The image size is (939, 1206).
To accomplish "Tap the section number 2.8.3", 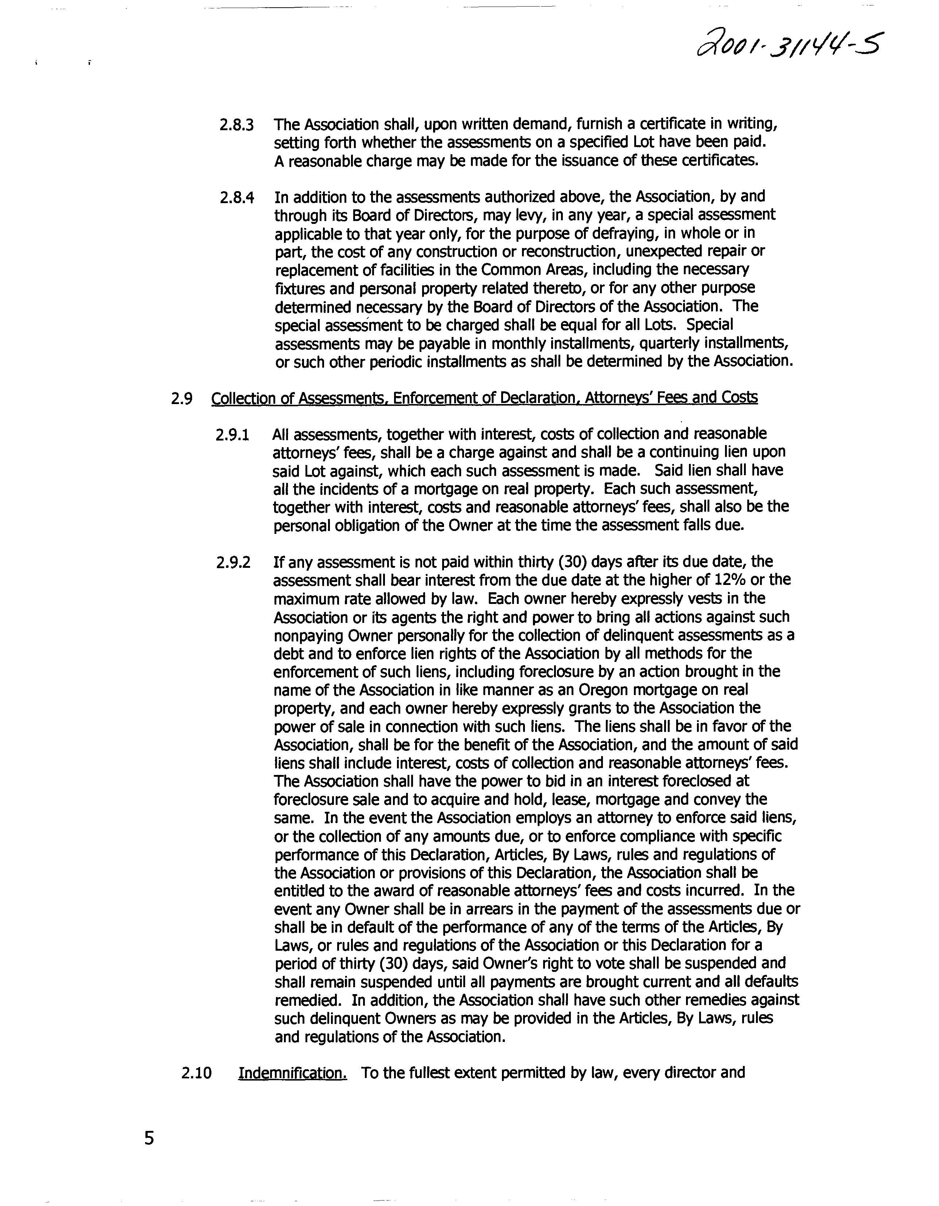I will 236,125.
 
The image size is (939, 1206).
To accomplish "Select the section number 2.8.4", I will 236,198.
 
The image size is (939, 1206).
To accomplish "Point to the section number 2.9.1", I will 233,435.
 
